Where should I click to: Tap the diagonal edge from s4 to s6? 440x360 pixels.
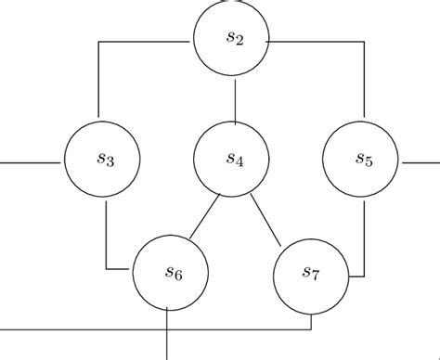[x=203, y=217]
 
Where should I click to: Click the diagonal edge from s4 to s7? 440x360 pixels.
[x=265, y=219]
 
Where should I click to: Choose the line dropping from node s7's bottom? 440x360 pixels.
[x=311, y=320]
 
